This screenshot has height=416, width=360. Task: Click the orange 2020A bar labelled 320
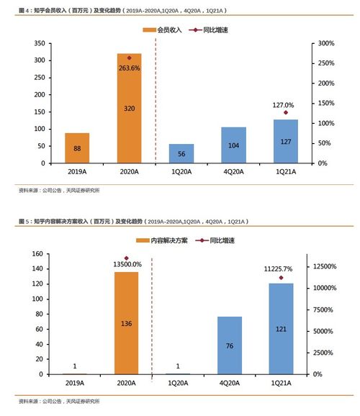[x=129, y=108]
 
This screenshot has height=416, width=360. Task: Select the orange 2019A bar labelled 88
[x=76, y=148]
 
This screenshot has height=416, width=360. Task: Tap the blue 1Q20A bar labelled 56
[x=181, y=153]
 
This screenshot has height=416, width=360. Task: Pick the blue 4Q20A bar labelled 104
[x=233, y=145]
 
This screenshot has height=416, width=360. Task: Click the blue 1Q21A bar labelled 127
[x=285, y=141]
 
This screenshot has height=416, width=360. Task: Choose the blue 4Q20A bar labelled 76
[x=230, y=345]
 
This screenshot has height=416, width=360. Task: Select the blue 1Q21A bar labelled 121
[x=281, y=329]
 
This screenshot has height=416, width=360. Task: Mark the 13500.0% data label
[x=127, y=265]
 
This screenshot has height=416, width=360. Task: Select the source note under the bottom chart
[x=59, y=400]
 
